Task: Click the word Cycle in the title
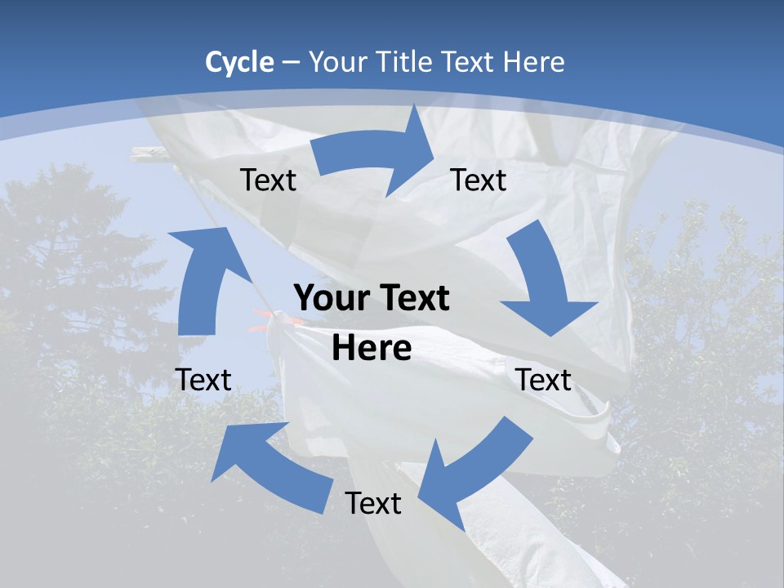tap(239, 62)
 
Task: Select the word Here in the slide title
tap(533, 62)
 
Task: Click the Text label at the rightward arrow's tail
tap(268, 180)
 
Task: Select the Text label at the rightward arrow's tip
tap(479, 180)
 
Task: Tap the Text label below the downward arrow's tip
tap(543, 380)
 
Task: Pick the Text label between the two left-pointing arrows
tap(373, 503)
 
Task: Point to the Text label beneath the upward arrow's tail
tap(203, 380)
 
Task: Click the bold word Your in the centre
tap(335, 299)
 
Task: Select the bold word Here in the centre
tap(372, 349)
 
